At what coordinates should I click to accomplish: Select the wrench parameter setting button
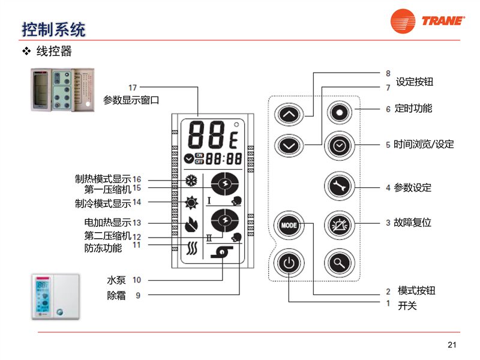click(340, 187)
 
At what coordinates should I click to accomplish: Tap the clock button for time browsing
click(340, 145)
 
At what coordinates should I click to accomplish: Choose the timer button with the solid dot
click(340, 112)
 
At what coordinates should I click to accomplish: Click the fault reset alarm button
click(340, 226)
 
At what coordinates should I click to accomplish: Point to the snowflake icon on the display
click(191, 181)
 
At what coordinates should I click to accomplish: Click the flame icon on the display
click(191, 224)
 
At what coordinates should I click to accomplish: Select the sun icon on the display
click(191, 202)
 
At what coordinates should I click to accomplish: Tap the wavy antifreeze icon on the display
click(191, 247)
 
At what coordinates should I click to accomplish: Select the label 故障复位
click(413, 223)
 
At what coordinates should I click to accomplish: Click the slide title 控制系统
click(53, 28)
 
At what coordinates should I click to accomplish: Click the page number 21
click(452, 344)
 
